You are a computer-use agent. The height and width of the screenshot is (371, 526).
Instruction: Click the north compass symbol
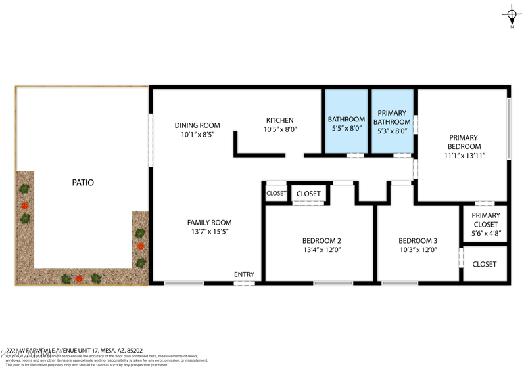pyautogui.click(x=512, y=14)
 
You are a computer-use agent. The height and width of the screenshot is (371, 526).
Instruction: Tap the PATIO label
pyautogui.click(x=83, y=183)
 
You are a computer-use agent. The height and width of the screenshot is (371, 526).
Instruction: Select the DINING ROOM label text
pyautogui.click(x=197, y=125)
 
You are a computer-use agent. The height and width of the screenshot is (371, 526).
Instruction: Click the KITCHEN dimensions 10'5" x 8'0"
pyautogui.click(x=281, y=130)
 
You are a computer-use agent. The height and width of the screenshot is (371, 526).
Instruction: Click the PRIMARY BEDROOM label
pyautogui.click(x=464, y=142)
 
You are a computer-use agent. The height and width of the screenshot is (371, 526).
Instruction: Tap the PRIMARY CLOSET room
pyautogui.click(x=485, y=224)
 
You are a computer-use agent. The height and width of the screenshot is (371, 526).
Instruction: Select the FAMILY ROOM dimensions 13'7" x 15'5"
pyautogui.click(x=209, y=232)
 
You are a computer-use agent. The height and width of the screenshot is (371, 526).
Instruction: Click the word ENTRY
pyautogui.click(x=244, y=274)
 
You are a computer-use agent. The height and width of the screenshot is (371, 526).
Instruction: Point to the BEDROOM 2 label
pyautogui.click(x=322, y=240)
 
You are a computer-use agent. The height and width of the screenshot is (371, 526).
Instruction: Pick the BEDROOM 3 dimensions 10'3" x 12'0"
pyautogui.click(x=418, y=250)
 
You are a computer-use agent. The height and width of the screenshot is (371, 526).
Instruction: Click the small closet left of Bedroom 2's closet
pyautogui.click(x=276, y=194)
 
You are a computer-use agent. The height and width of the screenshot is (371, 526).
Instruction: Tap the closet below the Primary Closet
pyautogui.click(x=485, y=264)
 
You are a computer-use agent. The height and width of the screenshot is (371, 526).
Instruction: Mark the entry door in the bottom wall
pyautogui.click(x=244, y=283)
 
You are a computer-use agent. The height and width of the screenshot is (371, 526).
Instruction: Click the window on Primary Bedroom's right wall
pyautogui.click(x=508, y=129)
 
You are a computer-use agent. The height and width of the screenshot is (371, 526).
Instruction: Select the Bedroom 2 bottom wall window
pyautogui.click(x=333, y=283)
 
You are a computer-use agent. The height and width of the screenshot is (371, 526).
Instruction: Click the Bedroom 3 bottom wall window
pyautogui.click(x=399, y=283)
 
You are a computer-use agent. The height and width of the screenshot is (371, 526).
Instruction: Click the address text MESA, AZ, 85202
pyautogui.click(x=118, y=351)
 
